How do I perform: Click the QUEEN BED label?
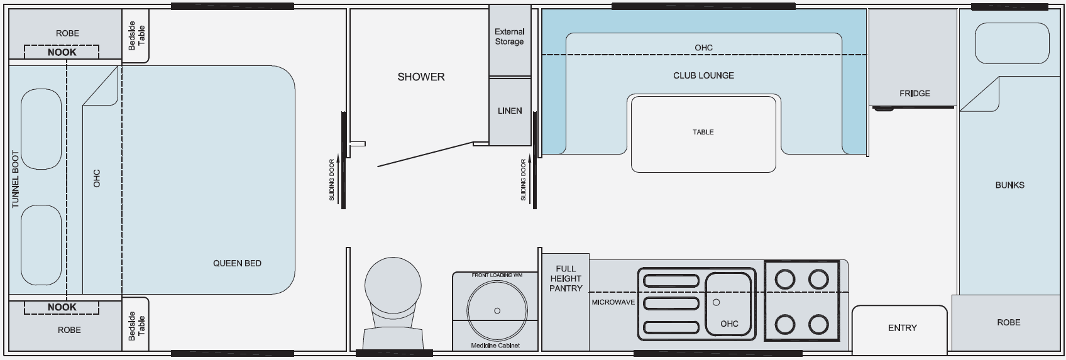tap(237, 263)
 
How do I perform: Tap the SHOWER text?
tap(420, 77)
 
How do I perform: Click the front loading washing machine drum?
tap(497, 310)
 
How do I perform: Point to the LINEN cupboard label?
tap(510, 111)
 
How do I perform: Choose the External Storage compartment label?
tap(509, 36)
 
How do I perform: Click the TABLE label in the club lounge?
tap(703, 132)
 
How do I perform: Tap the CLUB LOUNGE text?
tap(703, 75)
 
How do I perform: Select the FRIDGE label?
tap(915, 94)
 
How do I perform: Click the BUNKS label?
tap(1009, 185)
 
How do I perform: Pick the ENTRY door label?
tap(902, 328)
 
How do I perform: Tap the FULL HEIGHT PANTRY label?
tap(566, 278)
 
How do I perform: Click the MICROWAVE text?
tap(613, 302)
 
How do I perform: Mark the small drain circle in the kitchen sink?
tap(716, 302)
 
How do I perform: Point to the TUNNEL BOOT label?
tap(16, 179)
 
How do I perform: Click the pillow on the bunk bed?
tap(1012, 44)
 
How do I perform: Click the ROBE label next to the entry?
tap(1008, 322)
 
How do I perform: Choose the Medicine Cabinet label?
tap(495, 346)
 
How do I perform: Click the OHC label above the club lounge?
tap(703, 48)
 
